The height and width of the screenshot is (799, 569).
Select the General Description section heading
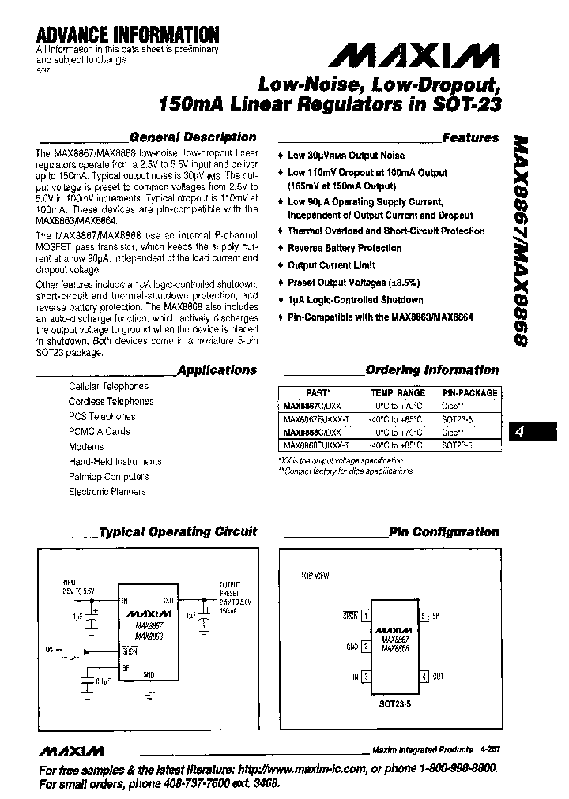192,137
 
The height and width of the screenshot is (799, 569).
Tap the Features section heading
471,137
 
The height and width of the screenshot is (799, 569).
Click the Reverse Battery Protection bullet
344,248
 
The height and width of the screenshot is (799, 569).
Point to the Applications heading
217,369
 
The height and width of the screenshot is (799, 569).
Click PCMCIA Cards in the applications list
100,431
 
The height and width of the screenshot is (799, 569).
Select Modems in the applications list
86,446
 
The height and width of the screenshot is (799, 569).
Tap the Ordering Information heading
432,369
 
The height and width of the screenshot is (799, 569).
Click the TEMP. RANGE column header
398,392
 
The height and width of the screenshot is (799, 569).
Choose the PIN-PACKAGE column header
469,392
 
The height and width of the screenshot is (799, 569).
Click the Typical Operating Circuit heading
178,531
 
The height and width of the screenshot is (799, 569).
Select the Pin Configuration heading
443,531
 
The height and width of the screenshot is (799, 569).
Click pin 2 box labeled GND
366,646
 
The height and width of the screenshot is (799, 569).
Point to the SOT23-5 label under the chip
394,700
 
